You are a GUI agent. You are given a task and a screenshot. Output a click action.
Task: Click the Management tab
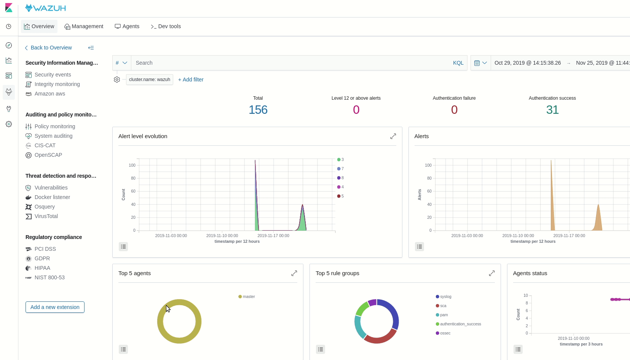[x=84, y=26]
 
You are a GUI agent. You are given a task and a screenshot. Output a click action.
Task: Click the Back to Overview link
[x=51, y=48]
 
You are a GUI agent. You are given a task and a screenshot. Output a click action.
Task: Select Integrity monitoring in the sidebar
[x=57, y=84]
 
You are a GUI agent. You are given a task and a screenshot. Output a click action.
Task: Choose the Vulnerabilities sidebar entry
[x=51, y=188]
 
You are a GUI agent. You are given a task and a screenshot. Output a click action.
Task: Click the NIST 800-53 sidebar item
[x=49, y=277]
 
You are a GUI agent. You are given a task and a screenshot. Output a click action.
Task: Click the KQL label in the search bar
[x=458, y=63]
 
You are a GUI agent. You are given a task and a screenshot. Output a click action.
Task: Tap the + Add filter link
[x=191, y=80]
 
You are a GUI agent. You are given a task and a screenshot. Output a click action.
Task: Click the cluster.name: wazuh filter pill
[x=149, y=80]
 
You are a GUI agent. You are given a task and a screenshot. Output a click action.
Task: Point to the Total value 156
[x=258, y=110]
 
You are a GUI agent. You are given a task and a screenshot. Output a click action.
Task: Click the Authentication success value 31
[x=552, y=110]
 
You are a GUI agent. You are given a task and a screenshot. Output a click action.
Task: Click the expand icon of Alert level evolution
[x=393, y=136]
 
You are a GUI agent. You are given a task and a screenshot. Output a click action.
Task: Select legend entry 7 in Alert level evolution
[x=342, y=169]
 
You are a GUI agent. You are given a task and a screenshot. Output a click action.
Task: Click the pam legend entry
[x=444, y=315]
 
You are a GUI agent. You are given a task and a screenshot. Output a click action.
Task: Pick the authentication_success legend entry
[x=460, y=324]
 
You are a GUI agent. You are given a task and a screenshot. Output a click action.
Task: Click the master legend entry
[x=249, y=296]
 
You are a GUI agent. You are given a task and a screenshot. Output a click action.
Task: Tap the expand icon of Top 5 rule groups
[x=492, y=273]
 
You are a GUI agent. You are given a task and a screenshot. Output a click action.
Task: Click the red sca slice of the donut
[x=380, y=336]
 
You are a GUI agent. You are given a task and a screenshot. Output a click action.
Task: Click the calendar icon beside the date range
[x=477, y=63]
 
